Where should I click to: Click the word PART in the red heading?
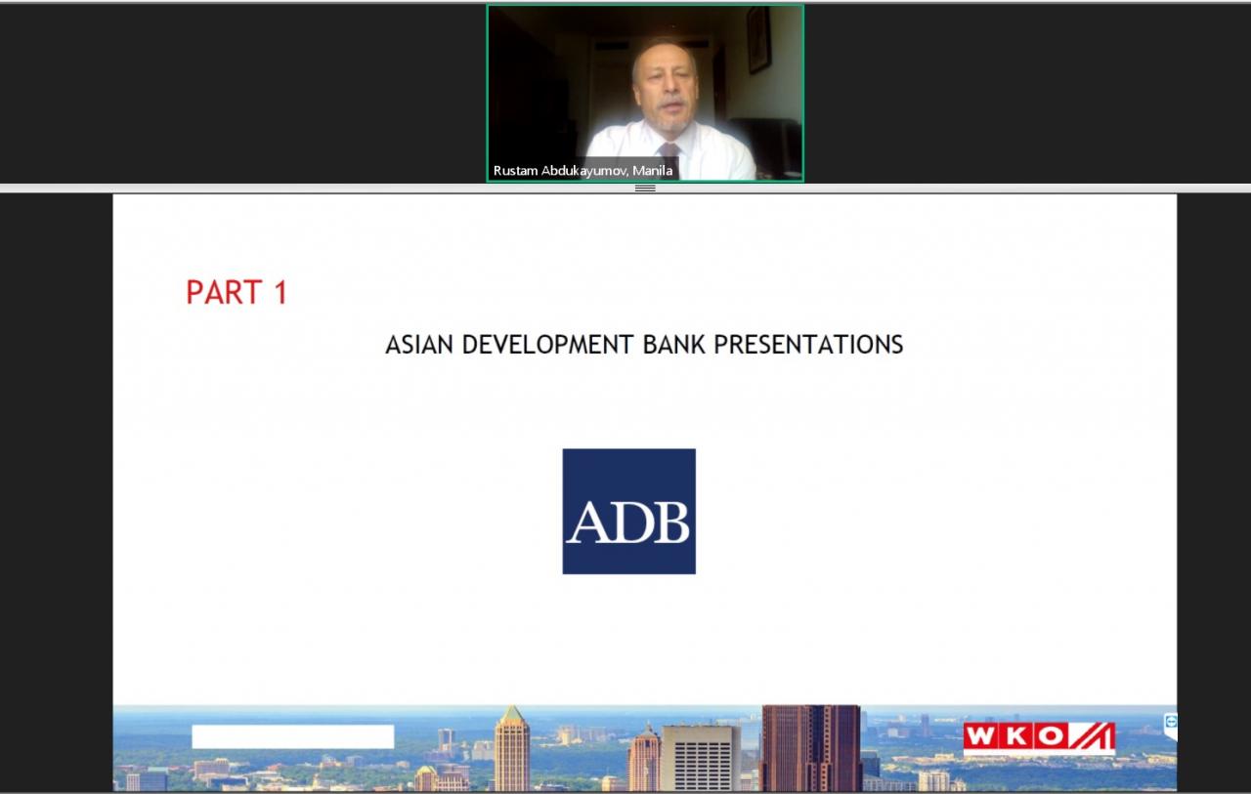coord(224,292)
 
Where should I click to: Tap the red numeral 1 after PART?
coord(280,292)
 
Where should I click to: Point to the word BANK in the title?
coord(674,345)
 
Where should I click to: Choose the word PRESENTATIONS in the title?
coord(808,345)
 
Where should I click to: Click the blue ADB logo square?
coord(628,511)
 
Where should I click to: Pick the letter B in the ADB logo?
coord(669,522)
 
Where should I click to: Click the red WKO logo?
coord(1039,737)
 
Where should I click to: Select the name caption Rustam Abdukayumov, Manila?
coord(582,170)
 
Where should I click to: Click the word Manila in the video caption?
coord(652,170)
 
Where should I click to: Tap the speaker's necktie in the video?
coord(668,149)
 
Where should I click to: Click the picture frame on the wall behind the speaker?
coord(759,40)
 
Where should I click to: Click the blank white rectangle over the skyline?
coord(292,736)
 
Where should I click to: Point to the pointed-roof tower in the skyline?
coord(511,748)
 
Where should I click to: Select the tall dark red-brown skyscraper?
coord(811,748)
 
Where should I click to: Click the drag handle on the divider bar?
coord(645,188)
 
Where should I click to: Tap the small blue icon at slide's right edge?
coord(1171,723)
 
